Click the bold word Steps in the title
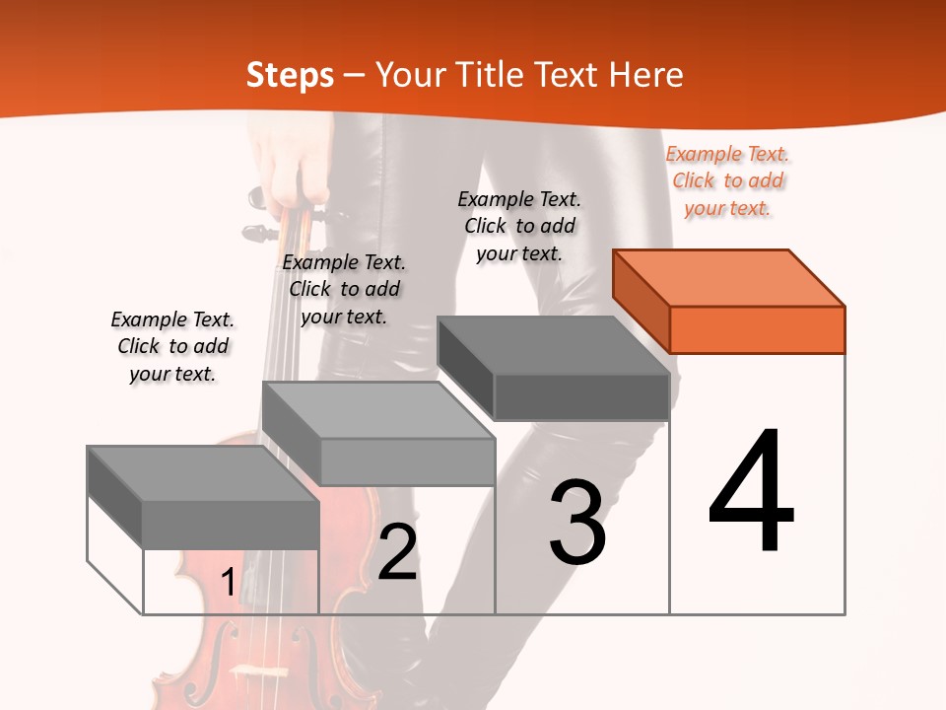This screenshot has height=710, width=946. [x=290, y=75]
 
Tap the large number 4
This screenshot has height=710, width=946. [x=752, y=492]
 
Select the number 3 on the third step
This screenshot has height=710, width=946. [x=577, y=523]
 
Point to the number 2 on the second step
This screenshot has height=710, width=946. [x=397, y=552]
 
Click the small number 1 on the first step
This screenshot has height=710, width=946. [x=228, y=583]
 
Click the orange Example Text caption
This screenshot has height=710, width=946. [x=727, y=180]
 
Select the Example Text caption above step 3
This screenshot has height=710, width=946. [x=519, y=226]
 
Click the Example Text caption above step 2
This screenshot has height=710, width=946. [x=344, y=289]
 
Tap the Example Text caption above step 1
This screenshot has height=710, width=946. [x=172, y=346]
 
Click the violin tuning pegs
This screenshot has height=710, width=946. [x=258, y=222]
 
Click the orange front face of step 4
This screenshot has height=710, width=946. [x=757, y=329]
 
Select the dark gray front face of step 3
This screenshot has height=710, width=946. [x=581, y=397]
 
